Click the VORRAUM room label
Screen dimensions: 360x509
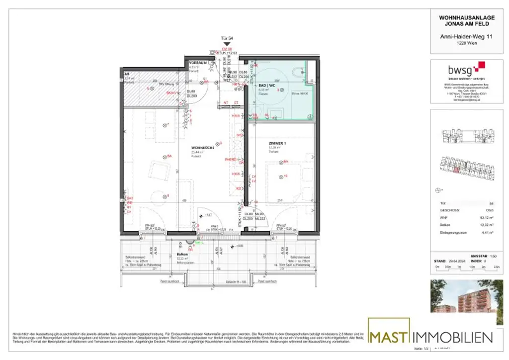(x=198, y=63)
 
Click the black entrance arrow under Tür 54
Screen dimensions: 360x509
(x=227, y=45)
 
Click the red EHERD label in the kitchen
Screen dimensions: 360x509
(x=231, y=159)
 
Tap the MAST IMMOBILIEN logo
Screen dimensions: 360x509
(x=430, y=337)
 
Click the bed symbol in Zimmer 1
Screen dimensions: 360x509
(x=283, y=182)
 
